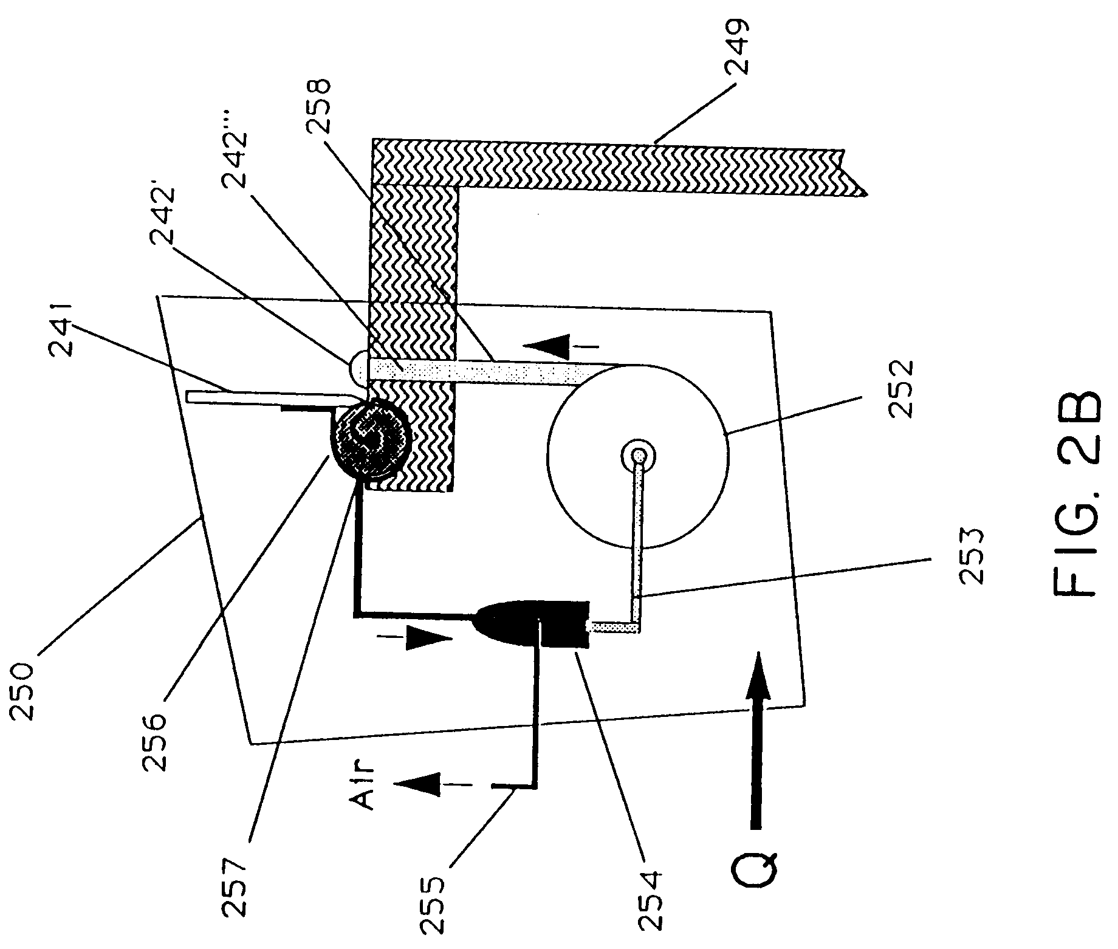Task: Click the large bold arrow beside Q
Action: tap(759, 741)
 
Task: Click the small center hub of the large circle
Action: tap(637, 454)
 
